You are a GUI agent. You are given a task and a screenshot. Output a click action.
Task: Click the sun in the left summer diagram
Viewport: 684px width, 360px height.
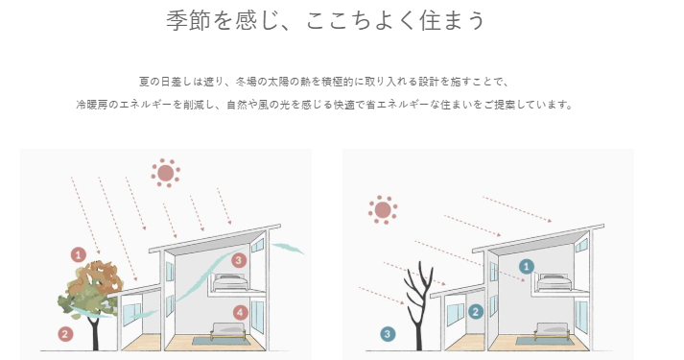tap(166, 173)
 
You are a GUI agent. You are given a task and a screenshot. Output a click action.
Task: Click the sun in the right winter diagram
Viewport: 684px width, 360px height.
tap(383, 210)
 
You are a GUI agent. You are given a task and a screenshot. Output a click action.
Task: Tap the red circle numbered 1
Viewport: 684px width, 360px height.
tap(79, 254)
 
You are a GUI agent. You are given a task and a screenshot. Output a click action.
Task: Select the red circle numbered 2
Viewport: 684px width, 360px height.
tap(65, 334)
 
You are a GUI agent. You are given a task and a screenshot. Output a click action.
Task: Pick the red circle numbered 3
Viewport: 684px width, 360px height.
tap(238, 260)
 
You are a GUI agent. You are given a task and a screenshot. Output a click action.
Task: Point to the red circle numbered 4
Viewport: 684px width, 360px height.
tap(241, 312)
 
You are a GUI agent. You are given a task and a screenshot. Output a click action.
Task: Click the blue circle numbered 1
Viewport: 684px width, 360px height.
tap(527, 266)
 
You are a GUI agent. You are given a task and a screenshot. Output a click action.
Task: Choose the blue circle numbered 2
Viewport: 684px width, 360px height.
tap(476, 312)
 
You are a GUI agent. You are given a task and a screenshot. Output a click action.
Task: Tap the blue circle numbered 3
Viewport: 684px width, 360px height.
tap(388, 335)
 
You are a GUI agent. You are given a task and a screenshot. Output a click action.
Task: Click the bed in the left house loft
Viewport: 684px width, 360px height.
tap(230, 282)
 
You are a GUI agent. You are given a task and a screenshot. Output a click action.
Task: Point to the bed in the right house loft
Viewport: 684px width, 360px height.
tap(554, 282)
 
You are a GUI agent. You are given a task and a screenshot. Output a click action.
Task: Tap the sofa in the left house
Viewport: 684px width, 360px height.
tap(228, 331)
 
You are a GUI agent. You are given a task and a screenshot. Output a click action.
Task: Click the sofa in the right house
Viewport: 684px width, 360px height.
tap(552, 331)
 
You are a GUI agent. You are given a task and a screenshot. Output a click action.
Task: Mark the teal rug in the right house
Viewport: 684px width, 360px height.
tap(542, 341)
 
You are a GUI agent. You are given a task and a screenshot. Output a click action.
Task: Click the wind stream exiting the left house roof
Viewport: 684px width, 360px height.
tap(288, 249)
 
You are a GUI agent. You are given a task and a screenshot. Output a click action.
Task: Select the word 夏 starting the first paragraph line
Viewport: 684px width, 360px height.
tap(145, 82)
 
